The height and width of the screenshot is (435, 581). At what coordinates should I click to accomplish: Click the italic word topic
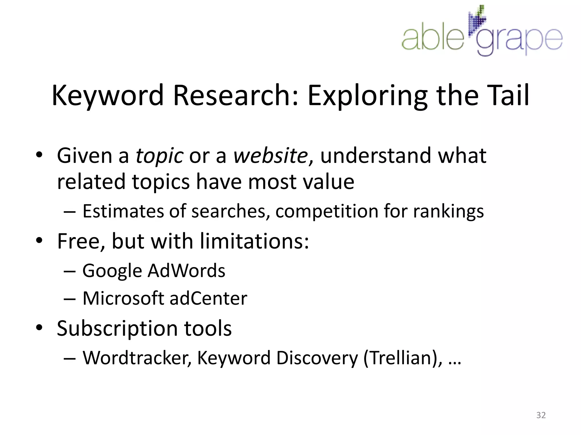[159, 156]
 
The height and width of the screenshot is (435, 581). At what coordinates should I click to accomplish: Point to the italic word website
[271, 156]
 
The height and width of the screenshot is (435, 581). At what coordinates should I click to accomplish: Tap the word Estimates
[123, 211]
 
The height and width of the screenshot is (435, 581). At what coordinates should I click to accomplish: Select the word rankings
[448, 211]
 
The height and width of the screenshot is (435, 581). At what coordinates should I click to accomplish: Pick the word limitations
[254, 241]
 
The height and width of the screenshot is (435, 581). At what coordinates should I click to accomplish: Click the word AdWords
[186, 271]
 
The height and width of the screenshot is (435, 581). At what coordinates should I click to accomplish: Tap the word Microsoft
[123, 298]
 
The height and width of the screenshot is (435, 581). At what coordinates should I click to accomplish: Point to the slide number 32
[541, 415]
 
